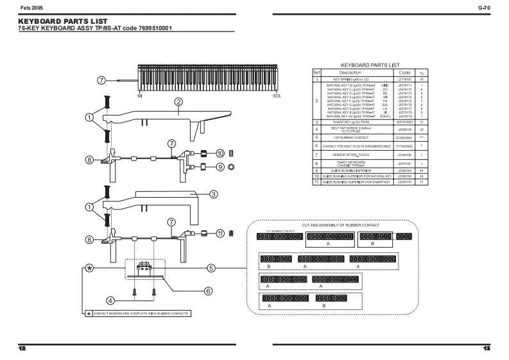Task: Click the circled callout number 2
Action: (178, 101)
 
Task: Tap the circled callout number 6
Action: (208, 291)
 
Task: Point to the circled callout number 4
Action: (111, 300)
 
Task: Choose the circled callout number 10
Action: (220, 153)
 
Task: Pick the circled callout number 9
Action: (220, 166)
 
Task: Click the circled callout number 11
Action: (220, 233)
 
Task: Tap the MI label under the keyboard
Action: (140, 96)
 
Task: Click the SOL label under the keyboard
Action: (277, 96)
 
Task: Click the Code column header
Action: (404, 73)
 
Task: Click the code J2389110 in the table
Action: (404, 182)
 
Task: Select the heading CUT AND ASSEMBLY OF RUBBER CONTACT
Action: (341, 225)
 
